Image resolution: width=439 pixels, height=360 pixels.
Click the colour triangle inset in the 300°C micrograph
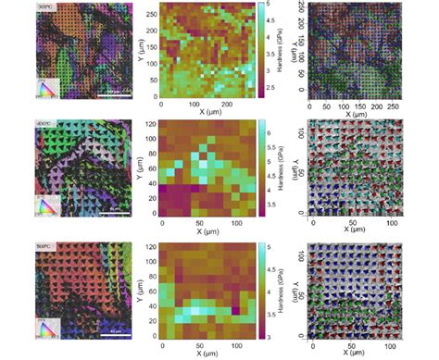pos(47,88)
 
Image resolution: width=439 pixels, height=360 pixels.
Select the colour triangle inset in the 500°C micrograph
pos(47,325)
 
